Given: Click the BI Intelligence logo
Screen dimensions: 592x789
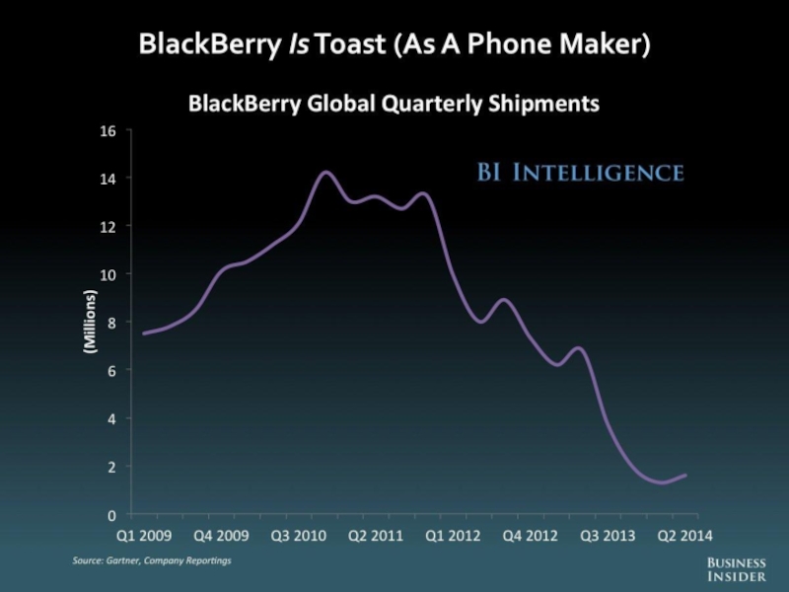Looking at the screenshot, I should click(x=580, y=174).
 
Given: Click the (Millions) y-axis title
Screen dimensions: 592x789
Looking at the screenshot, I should click(x=89, y=323).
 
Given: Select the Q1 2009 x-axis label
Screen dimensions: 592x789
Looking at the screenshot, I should click(x=144, y=538).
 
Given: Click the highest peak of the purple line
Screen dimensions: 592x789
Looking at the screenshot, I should click(x=326, y=173).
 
